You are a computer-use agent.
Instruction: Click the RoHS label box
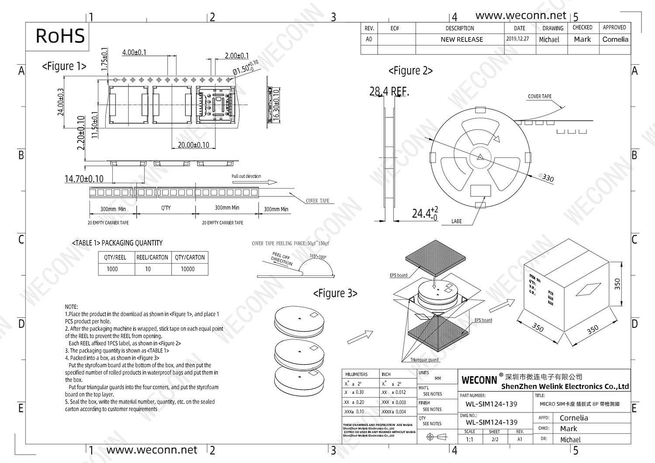click(x=60, y=36)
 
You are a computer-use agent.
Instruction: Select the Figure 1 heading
click(x=64, y=66)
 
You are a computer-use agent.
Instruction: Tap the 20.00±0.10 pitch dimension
click(x=193, y=145)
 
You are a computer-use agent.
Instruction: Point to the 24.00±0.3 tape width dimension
click(x=61, y=102)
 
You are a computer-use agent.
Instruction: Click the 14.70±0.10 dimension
click(x=84, y=179)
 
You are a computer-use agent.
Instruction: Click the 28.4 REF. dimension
click(x=389, y=92)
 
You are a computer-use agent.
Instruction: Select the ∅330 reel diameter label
click(x=546, y=178)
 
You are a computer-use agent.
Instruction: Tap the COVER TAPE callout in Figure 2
click(x=540, y=96)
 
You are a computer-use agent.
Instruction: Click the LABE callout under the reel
click(x=456, y=221)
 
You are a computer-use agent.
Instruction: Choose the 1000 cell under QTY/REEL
click(x=112, y=269)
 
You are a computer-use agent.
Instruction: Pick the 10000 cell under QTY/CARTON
click(x=188, y=269)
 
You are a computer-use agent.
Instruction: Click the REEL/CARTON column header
click(x=152, y=257)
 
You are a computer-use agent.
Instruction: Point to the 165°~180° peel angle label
click(x=318, y=257)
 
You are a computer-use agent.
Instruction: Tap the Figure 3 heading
click(x=335, y=294)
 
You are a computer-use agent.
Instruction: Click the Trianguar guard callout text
click(x=424, y=360)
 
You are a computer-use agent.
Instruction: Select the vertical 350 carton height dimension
click(x=617, y=284)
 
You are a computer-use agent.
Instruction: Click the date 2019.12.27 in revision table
click(x=517, y=39)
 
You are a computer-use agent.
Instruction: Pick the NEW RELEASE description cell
click(x=462, y=39)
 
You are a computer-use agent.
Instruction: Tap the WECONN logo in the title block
click(x=479, y=380)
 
